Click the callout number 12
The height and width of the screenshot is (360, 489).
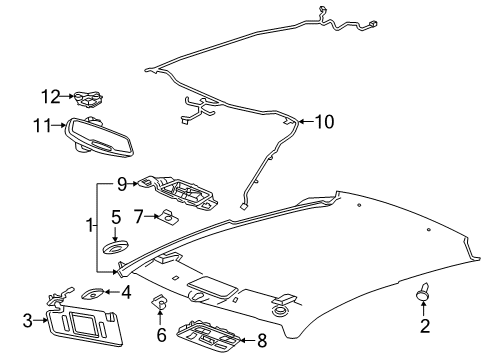point(48,97)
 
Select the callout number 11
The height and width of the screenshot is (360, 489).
point(41,127)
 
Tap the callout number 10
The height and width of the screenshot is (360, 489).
point(323,122)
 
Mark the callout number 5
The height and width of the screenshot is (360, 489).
point(116,243)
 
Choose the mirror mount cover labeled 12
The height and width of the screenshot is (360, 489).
point(90,98)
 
